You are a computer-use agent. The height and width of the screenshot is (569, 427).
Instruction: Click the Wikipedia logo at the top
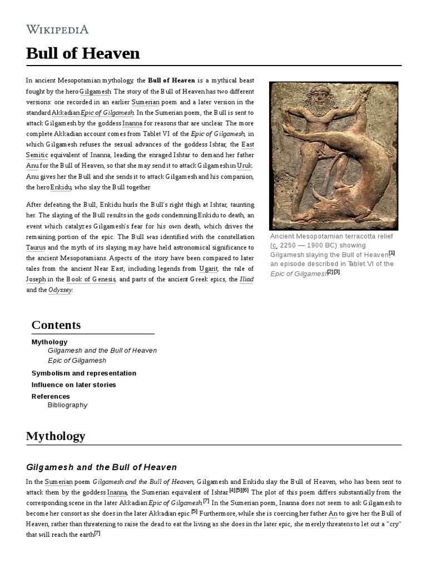pos(57,29)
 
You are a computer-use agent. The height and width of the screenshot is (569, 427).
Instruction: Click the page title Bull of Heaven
pos(83,53)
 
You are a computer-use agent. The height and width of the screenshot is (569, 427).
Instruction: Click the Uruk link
pos(244,166)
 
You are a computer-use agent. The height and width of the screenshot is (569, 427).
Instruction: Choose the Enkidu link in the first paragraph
pos(61,188)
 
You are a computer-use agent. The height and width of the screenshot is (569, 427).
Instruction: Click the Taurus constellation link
pos(36,247)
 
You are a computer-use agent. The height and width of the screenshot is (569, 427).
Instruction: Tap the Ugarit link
pos(208,269)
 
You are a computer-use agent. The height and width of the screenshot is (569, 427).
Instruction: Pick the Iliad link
pos(246,279)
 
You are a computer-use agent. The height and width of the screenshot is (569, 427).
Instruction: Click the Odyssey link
pos(61,290)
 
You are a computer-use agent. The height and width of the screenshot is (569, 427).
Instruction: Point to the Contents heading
pos(56,325)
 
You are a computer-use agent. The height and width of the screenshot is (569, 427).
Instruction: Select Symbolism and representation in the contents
pos(84,373)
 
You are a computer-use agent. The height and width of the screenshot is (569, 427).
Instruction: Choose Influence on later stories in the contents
pos(74,385)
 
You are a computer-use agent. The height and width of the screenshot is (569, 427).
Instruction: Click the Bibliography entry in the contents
pos(68,405)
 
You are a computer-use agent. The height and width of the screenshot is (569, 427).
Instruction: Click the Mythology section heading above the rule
pos(56,436)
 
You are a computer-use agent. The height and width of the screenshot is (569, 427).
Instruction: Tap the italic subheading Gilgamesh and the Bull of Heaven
pos(101,467)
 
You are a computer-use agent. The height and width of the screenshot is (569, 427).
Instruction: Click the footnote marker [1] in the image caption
pos(391,252)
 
